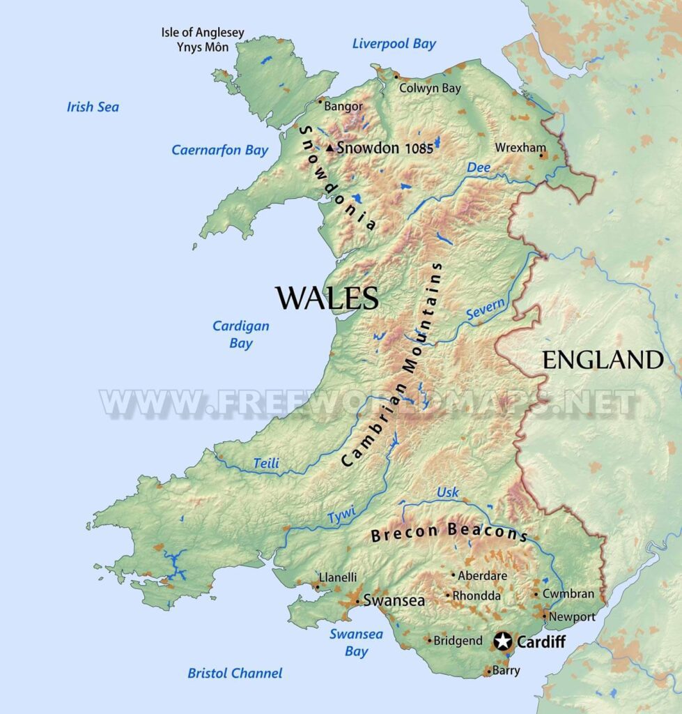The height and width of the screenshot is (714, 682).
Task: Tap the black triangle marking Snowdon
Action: [x=330, y=148]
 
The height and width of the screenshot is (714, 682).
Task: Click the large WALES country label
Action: [x=327, y=298]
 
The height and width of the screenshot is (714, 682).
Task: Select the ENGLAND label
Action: [x=603, y=360]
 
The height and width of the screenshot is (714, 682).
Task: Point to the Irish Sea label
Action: [x=93, y=107]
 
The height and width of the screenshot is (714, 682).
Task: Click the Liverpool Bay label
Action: [x=394, y=44]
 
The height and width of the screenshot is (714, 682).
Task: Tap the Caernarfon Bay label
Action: [x=219, y=151]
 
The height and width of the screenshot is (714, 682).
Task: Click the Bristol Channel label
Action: [x=235, y=674]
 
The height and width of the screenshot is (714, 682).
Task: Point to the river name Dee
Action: [x=479, y=167]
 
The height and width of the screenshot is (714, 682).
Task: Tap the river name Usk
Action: [x=447, y=493]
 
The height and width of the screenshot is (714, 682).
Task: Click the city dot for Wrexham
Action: [x=541, y=155]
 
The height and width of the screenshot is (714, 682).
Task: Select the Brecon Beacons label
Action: [x=449, y=533]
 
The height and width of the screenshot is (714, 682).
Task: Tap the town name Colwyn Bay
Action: [x=430, y=89]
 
